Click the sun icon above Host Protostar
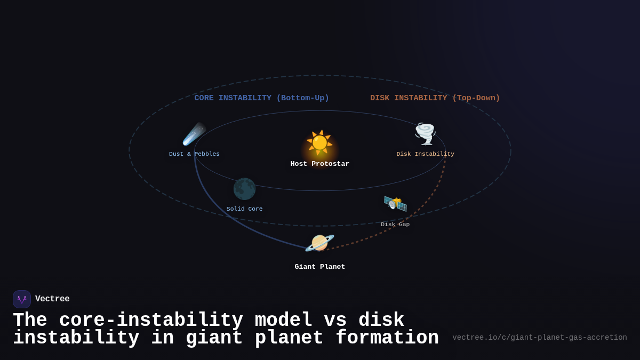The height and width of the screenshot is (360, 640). coord(319,143)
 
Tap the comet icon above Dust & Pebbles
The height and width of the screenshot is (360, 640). coord(194,134)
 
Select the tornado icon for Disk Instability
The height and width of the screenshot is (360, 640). coord(425,134)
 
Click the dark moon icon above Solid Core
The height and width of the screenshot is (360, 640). coord(244,189)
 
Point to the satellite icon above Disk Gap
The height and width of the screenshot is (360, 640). coord(395,203)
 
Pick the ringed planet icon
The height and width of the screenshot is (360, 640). coord(319,243)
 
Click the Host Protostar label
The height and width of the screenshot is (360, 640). coord(320,164)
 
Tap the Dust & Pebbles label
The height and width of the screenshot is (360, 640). coord(194,154)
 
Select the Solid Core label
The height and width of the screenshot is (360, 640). coord(244,209)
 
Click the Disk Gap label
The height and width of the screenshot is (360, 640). coord(395,225)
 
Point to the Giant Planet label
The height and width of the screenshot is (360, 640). coord(320,267)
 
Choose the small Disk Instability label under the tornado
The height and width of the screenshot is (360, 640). coord(425,154)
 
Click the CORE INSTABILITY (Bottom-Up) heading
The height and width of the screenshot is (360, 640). coord(261,98)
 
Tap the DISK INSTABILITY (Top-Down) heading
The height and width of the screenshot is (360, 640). coord(435,98)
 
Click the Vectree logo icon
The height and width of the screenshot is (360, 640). coord(22,299)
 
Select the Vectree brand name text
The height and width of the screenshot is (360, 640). coord(52,299)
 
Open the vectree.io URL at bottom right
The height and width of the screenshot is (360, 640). coord(539,338)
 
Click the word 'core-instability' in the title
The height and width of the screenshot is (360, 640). coord(151,321)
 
